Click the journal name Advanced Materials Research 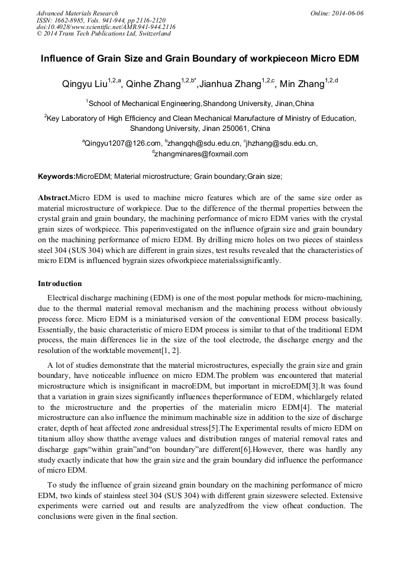click(x=77, y=13)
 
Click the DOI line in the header click(x=106, y=27)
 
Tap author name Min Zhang click(x=305, y=84)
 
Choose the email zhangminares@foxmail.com click(x=202, y=154)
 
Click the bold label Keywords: click(x=57, y=177)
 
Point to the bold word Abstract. click(x=53, y=198)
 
